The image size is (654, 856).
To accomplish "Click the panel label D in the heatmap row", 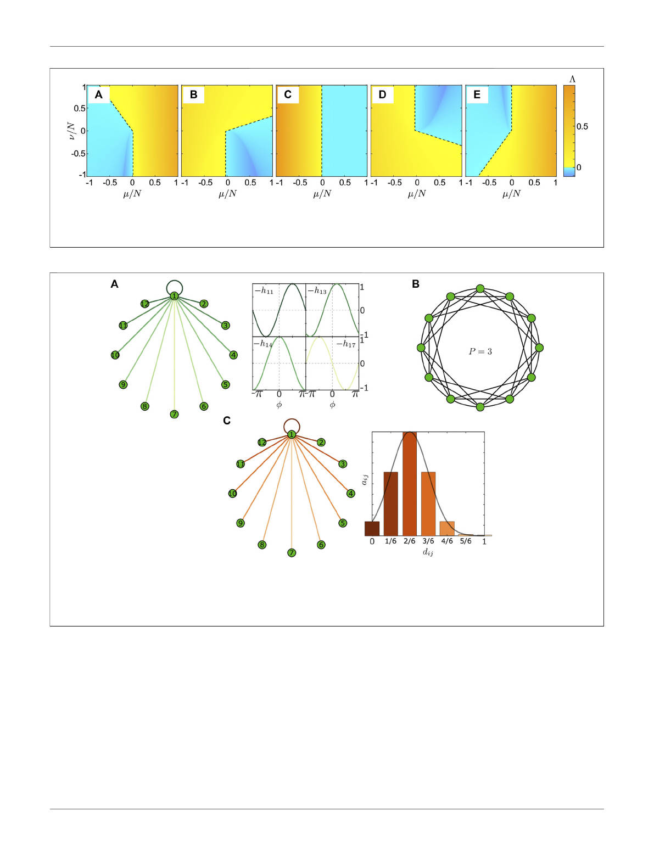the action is click(382, 95).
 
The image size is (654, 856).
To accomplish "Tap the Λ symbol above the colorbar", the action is click(572, 80).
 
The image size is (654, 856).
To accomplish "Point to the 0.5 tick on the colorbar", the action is click(582, 127).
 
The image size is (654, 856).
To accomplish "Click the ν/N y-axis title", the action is click(71, 131).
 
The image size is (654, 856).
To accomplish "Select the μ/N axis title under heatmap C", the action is click(322, 193).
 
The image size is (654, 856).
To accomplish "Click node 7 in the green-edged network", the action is click(174, 414).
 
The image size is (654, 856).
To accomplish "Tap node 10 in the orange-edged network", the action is click(232, 494).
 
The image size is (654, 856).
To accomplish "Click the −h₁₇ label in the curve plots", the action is click(346, 344).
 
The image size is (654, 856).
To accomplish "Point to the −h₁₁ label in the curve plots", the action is click(264, 291).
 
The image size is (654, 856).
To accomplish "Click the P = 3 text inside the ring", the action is click(480, 351).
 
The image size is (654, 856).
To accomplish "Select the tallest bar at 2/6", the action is click(410, 484).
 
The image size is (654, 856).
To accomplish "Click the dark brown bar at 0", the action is click(372, 528).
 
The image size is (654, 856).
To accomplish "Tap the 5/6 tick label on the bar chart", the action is click(466, 541).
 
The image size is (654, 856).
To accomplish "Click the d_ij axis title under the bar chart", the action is click(428, 552).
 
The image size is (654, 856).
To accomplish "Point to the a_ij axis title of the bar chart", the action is click(365, 479).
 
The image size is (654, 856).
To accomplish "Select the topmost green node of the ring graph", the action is click(480, 289).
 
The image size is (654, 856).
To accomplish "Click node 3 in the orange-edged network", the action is click(343, 464).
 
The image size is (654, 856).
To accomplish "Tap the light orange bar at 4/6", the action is click(447, 528).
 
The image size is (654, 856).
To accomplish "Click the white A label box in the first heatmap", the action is click(99, 95).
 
